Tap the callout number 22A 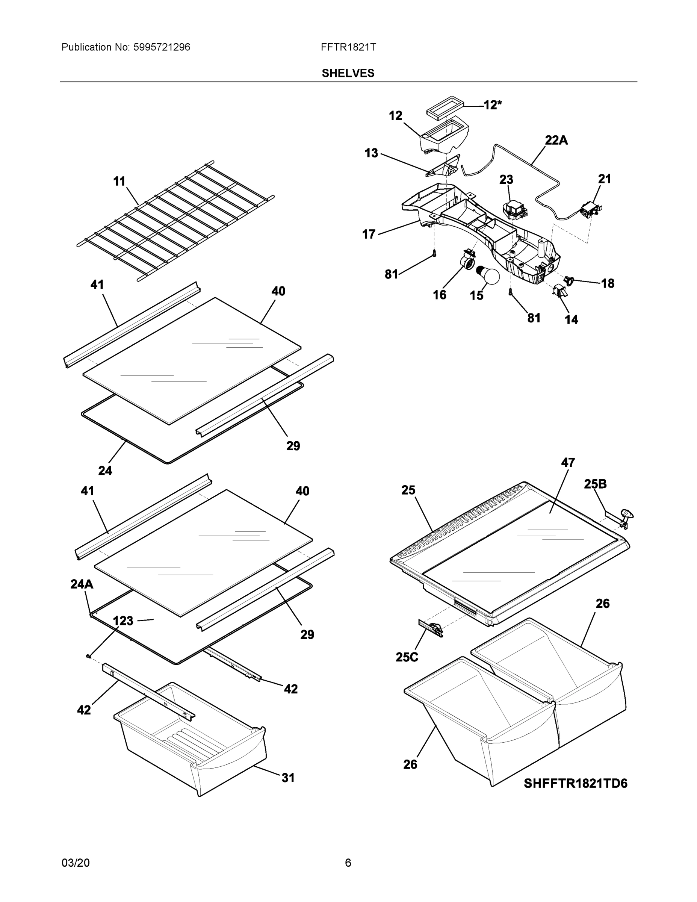(x=556, y=141)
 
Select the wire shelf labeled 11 (x=175, y=221)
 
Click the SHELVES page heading (x=348, y=73)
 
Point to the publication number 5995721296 (x=162, y=47)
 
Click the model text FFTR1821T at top (x=348, y=47)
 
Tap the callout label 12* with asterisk (x=492, y=105)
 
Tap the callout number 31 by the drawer (x=288, y=778)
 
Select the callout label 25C (x=407, y=657)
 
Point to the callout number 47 (x=568, y=462)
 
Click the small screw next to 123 (x=88, y=656)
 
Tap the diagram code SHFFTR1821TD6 (x=575, y=783)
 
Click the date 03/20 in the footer (x=76, y=863)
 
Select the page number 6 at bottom (x=348, y=863)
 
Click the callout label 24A (x=82, y=584)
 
